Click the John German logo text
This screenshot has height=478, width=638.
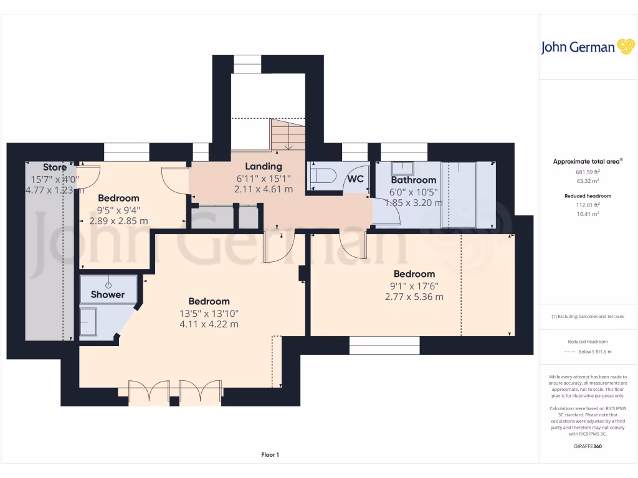click(578, 47)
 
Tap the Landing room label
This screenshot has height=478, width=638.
click(263, 166)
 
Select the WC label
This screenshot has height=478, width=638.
click(355, 179)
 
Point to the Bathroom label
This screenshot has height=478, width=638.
click(413, 180)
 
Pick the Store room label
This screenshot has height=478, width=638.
click(55, 167)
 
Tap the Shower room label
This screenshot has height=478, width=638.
click(108, 294)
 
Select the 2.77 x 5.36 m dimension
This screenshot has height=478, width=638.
click(414, 297)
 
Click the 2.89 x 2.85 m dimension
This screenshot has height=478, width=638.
click(118, 221)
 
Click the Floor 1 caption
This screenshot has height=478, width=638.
click(270, 455)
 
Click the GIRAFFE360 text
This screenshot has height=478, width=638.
click(588, 446)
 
